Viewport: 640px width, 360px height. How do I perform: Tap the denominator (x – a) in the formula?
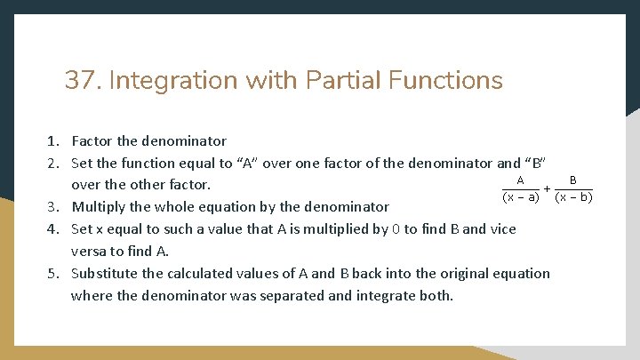click(x=521, y=197)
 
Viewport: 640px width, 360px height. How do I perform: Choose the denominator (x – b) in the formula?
click(x=573, y=197)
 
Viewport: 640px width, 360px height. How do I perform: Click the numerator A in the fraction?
click(x=520, y=180)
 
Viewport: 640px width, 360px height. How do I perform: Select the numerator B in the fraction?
click(x=573, y=180)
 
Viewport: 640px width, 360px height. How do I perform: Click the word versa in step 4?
click(x=89, y=252)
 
